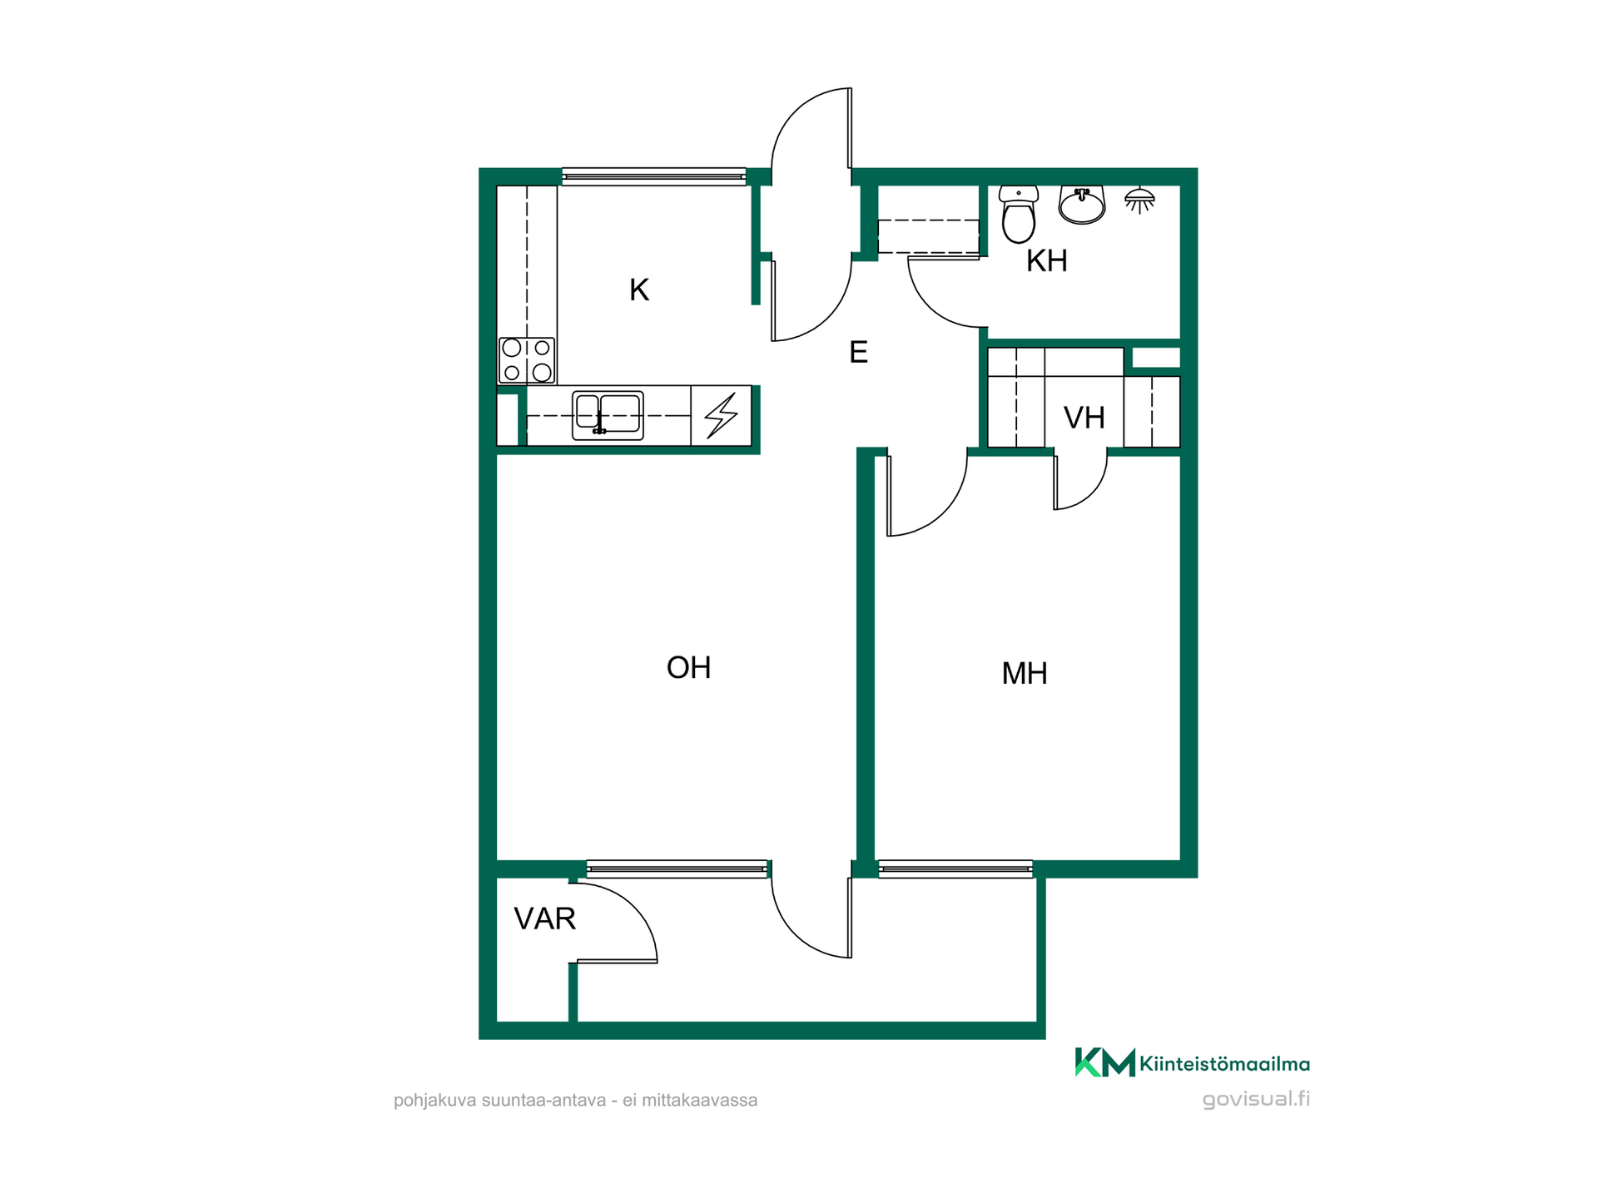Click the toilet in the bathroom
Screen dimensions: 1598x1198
pyautogui.click(x=1019, y=214)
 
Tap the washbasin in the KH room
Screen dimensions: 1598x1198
pyautogui.click(x=1082, y=205)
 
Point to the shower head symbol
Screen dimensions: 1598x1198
pyautogui.click(x=1139, y=200)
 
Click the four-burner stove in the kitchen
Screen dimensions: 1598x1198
pyautogui.click(x=527, y=360)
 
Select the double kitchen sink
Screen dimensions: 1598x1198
pyautogui.click(x=608, y=415)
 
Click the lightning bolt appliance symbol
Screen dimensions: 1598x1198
pyautogui.click(x=722, y=415)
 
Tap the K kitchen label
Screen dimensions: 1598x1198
pyautogui.click(x=639, y=290)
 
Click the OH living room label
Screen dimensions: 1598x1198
pyautogui.click(x=688, y=667)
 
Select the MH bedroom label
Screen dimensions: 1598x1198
pyautogui.click(x=1025, y=673)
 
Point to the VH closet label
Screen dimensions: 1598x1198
pyautogui.click(x=1084, y=418)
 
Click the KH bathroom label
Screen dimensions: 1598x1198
pyautogui.click(x=1046, y=260)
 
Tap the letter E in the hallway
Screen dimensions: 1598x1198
pyautogui.click(x=859, y=352)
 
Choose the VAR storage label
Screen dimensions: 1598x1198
pyautogui.click(x=545, y=918)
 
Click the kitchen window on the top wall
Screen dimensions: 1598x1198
pyautogui.click(x=654, y=176)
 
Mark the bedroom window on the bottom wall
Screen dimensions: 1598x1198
pyautogui.click(x=955, y=869)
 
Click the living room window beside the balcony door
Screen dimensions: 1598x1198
pyautogui.click(x=677, y=869)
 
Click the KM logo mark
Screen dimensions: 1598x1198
pyautogui.click(x=1105, y=1062)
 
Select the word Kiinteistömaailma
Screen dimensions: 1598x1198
pyautogui.click(x=1225, y=1064)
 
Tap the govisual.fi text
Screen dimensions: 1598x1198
pyautogui.click(x=1257, y=1099)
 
